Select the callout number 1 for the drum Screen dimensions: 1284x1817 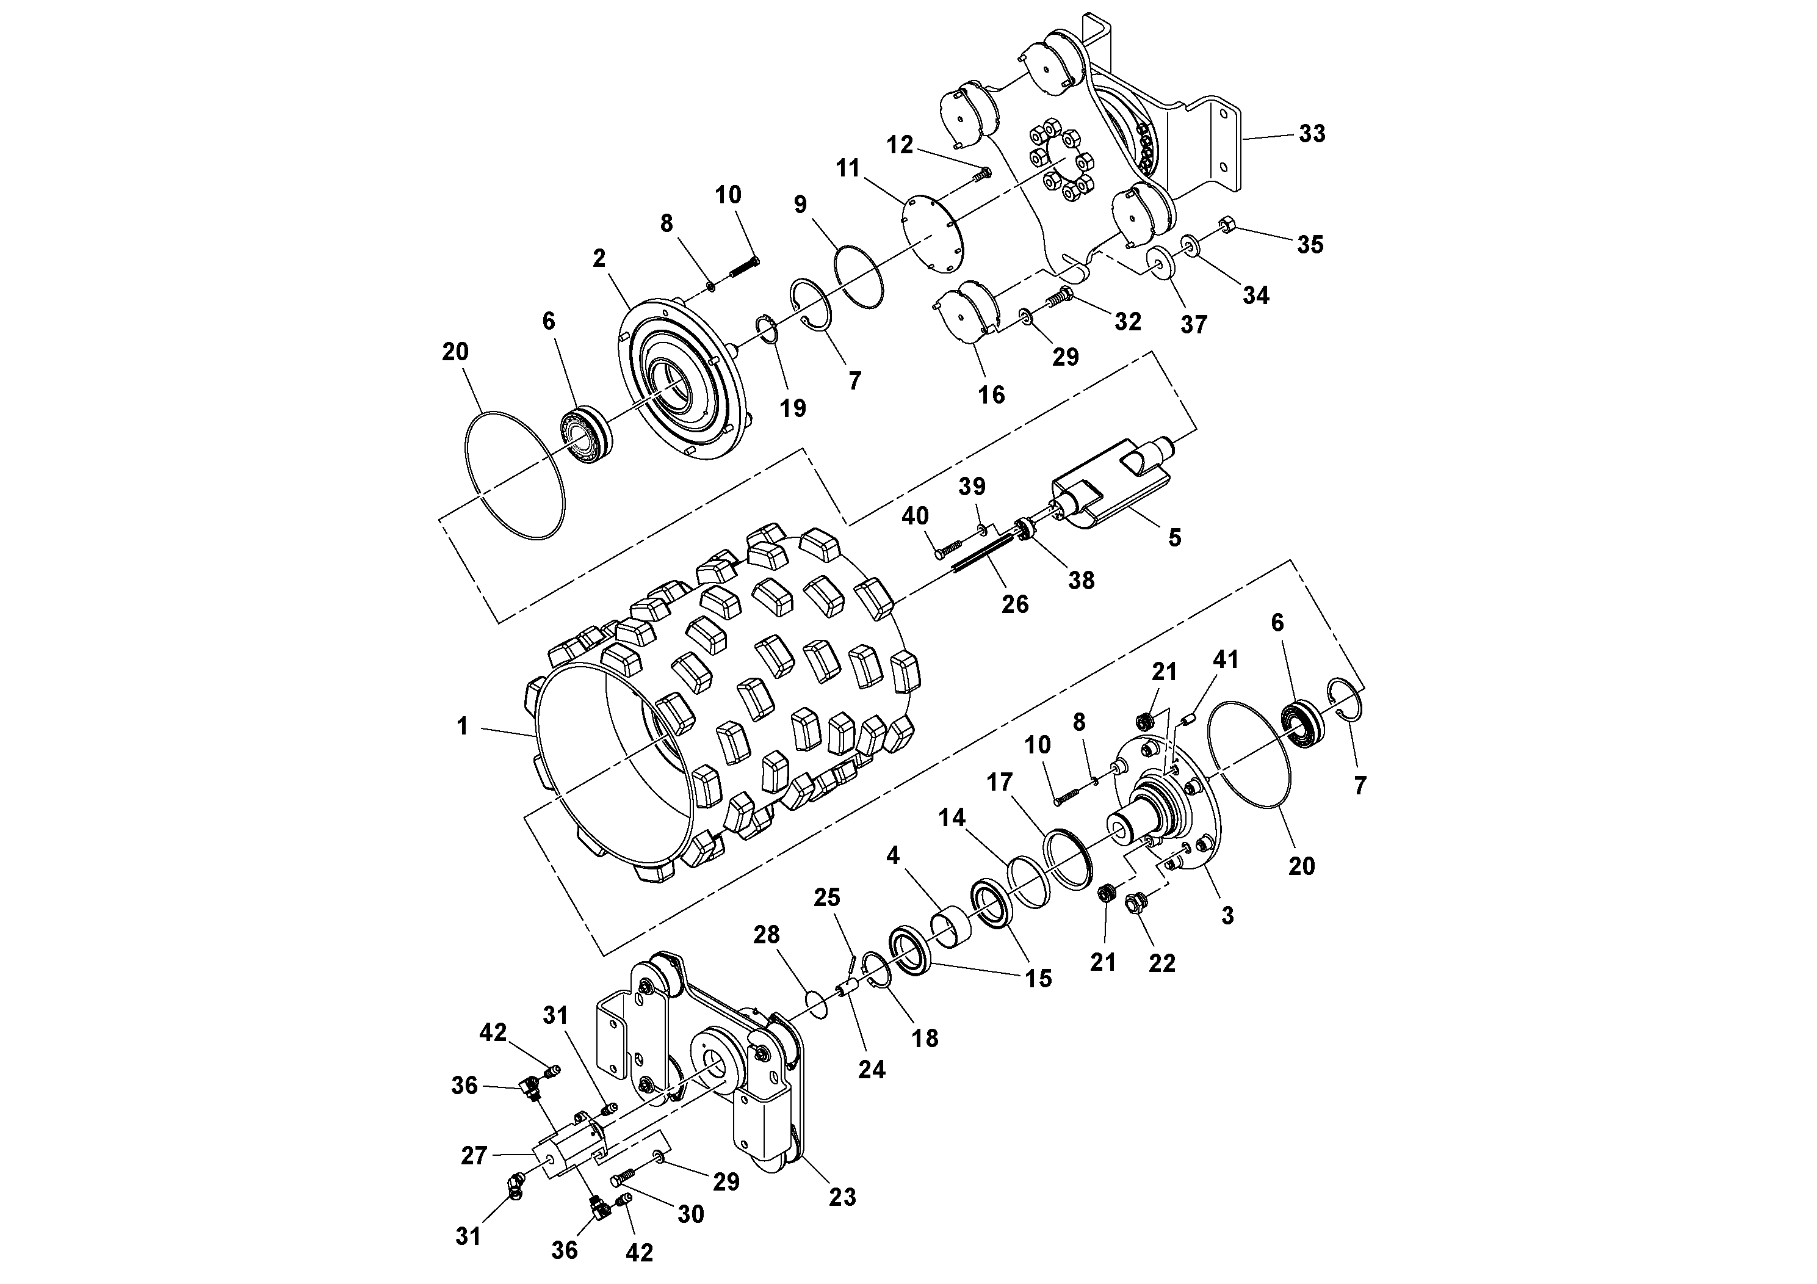463,726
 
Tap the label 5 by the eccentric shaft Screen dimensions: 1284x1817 1174,537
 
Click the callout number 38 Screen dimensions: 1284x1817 1081,580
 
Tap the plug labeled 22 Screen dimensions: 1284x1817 1136,922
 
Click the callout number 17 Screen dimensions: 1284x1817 1000,783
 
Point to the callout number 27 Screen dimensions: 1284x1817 474,1156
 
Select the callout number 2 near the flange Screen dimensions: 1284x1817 599,258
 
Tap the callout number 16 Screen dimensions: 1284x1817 992,394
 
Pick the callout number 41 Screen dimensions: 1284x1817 1225,659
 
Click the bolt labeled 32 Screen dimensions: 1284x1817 1060,299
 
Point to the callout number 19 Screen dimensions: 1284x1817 792,408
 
